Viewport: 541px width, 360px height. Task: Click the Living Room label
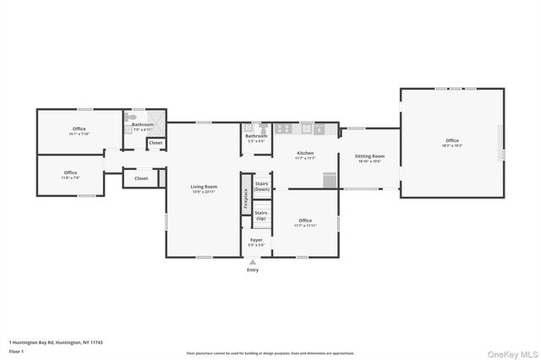203,187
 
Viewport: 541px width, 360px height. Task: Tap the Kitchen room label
304,154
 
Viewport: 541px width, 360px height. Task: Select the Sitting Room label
369,156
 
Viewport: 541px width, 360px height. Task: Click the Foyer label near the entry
256,240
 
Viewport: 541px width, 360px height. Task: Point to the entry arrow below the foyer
253,263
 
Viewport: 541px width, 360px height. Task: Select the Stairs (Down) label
262,186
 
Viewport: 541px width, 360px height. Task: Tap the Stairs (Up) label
262,215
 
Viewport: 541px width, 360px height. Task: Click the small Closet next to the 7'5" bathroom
156,143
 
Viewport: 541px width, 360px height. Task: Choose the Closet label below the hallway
141,178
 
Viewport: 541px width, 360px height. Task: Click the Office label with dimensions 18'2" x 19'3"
452,140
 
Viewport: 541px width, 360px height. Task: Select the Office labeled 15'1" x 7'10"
78,130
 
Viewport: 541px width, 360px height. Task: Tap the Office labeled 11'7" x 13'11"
304,221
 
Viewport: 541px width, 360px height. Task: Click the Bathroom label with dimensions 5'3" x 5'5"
256,136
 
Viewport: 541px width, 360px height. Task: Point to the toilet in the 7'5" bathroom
129,119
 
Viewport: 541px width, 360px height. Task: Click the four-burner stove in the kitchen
285,129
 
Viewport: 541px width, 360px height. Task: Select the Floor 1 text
15,351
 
